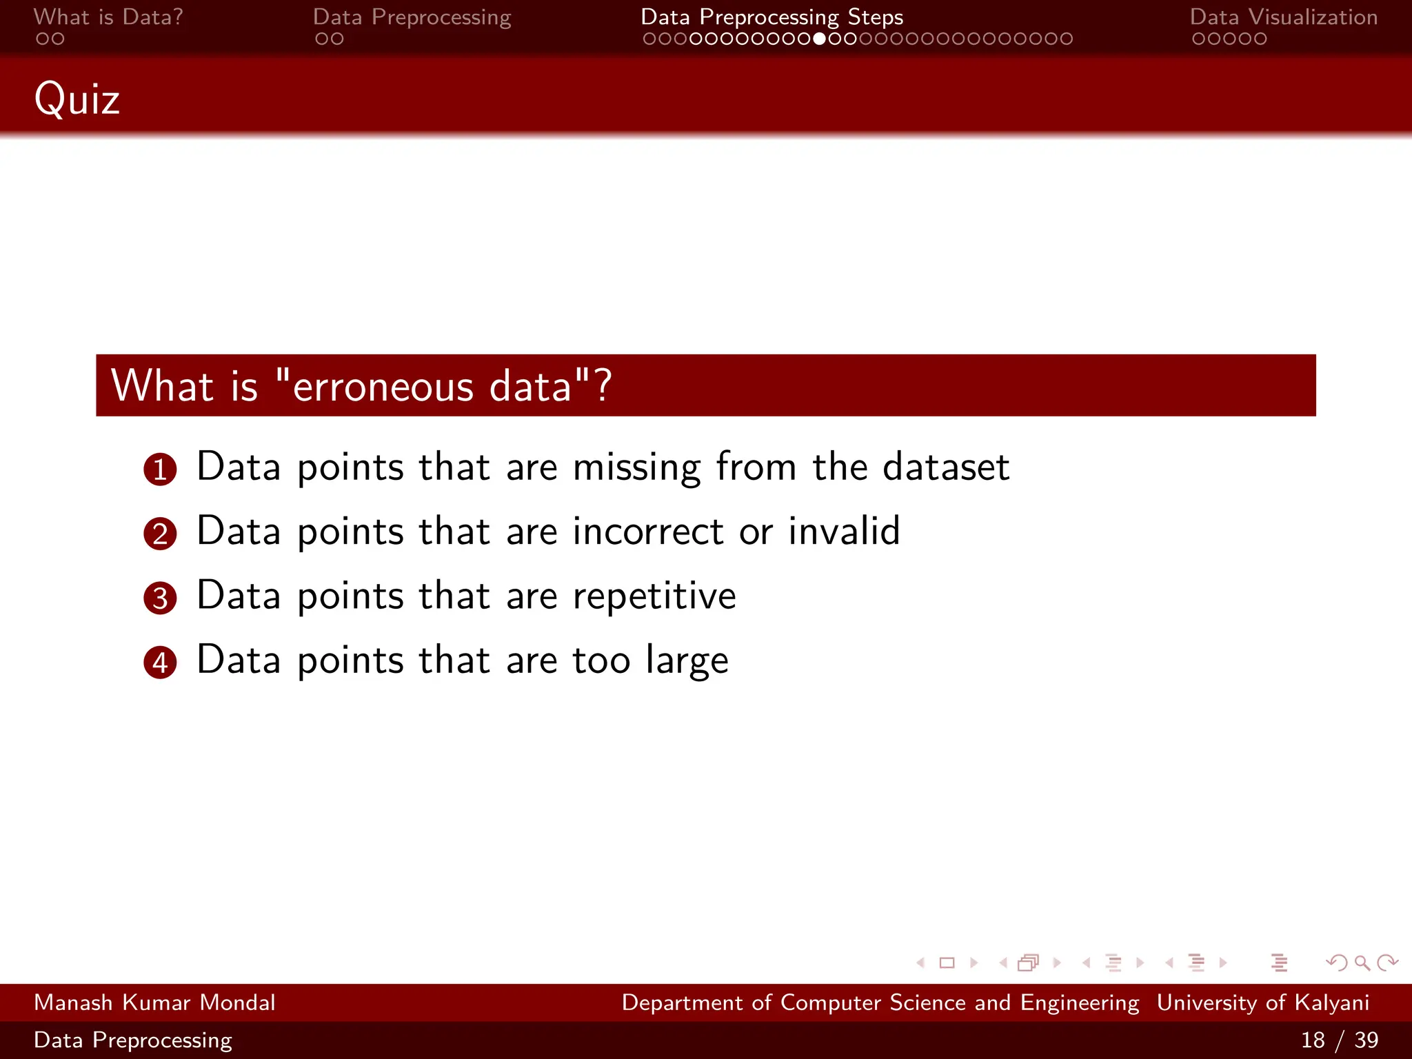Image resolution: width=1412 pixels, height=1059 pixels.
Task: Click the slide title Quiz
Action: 77,99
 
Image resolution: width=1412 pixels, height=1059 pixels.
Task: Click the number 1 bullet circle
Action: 160,470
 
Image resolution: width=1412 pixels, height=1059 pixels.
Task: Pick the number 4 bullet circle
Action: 160,663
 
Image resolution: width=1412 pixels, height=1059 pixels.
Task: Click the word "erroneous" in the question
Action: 383,386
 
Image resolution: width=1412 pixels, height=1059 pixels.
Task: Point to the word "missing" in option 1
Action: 636,468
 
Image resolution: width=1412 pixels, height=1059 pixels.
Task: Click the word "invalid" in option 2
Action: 844,532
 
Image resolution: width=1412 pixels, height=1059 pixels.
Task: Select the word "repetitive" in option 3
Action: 654,596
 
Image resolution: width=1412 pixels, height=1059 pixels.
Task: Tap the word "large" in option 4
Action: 687,660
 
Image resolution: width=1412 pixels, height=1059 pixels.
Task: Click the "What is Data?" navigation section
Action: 108,17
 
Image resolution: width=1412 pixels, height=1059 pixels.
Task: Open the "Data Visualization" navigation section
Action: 1283,17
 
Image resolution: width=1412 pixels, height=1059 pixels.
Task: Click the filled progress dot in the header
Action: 819,39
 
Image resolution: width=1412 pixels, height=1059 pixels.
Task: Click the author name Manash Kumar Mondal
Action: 154,1002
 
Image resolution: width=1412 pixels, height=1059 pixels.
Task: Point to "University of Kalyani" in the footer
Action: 1262,1002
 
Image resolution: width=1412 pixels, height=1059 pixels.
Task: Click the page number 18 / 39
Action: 1339,1040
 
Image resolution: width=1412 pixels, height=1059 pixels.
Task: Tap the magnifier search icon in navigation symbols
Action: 1362,962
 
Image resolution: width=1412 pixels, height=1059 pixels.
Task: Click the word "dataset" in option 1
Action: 946,467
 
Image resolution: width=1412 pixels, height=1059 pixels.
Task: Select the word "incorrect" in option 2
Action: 648,532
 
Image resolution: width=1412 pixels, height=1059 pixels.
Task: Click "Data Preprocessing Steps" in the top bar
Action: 771,17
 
